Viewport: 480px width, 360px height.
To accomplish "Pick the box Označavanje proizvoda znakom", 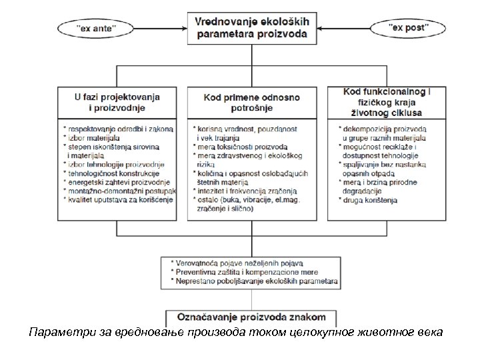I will [x=255, y=316].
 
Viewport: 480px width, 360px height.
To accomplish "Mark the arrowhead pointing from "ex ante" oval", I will [x=183, y=28].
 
